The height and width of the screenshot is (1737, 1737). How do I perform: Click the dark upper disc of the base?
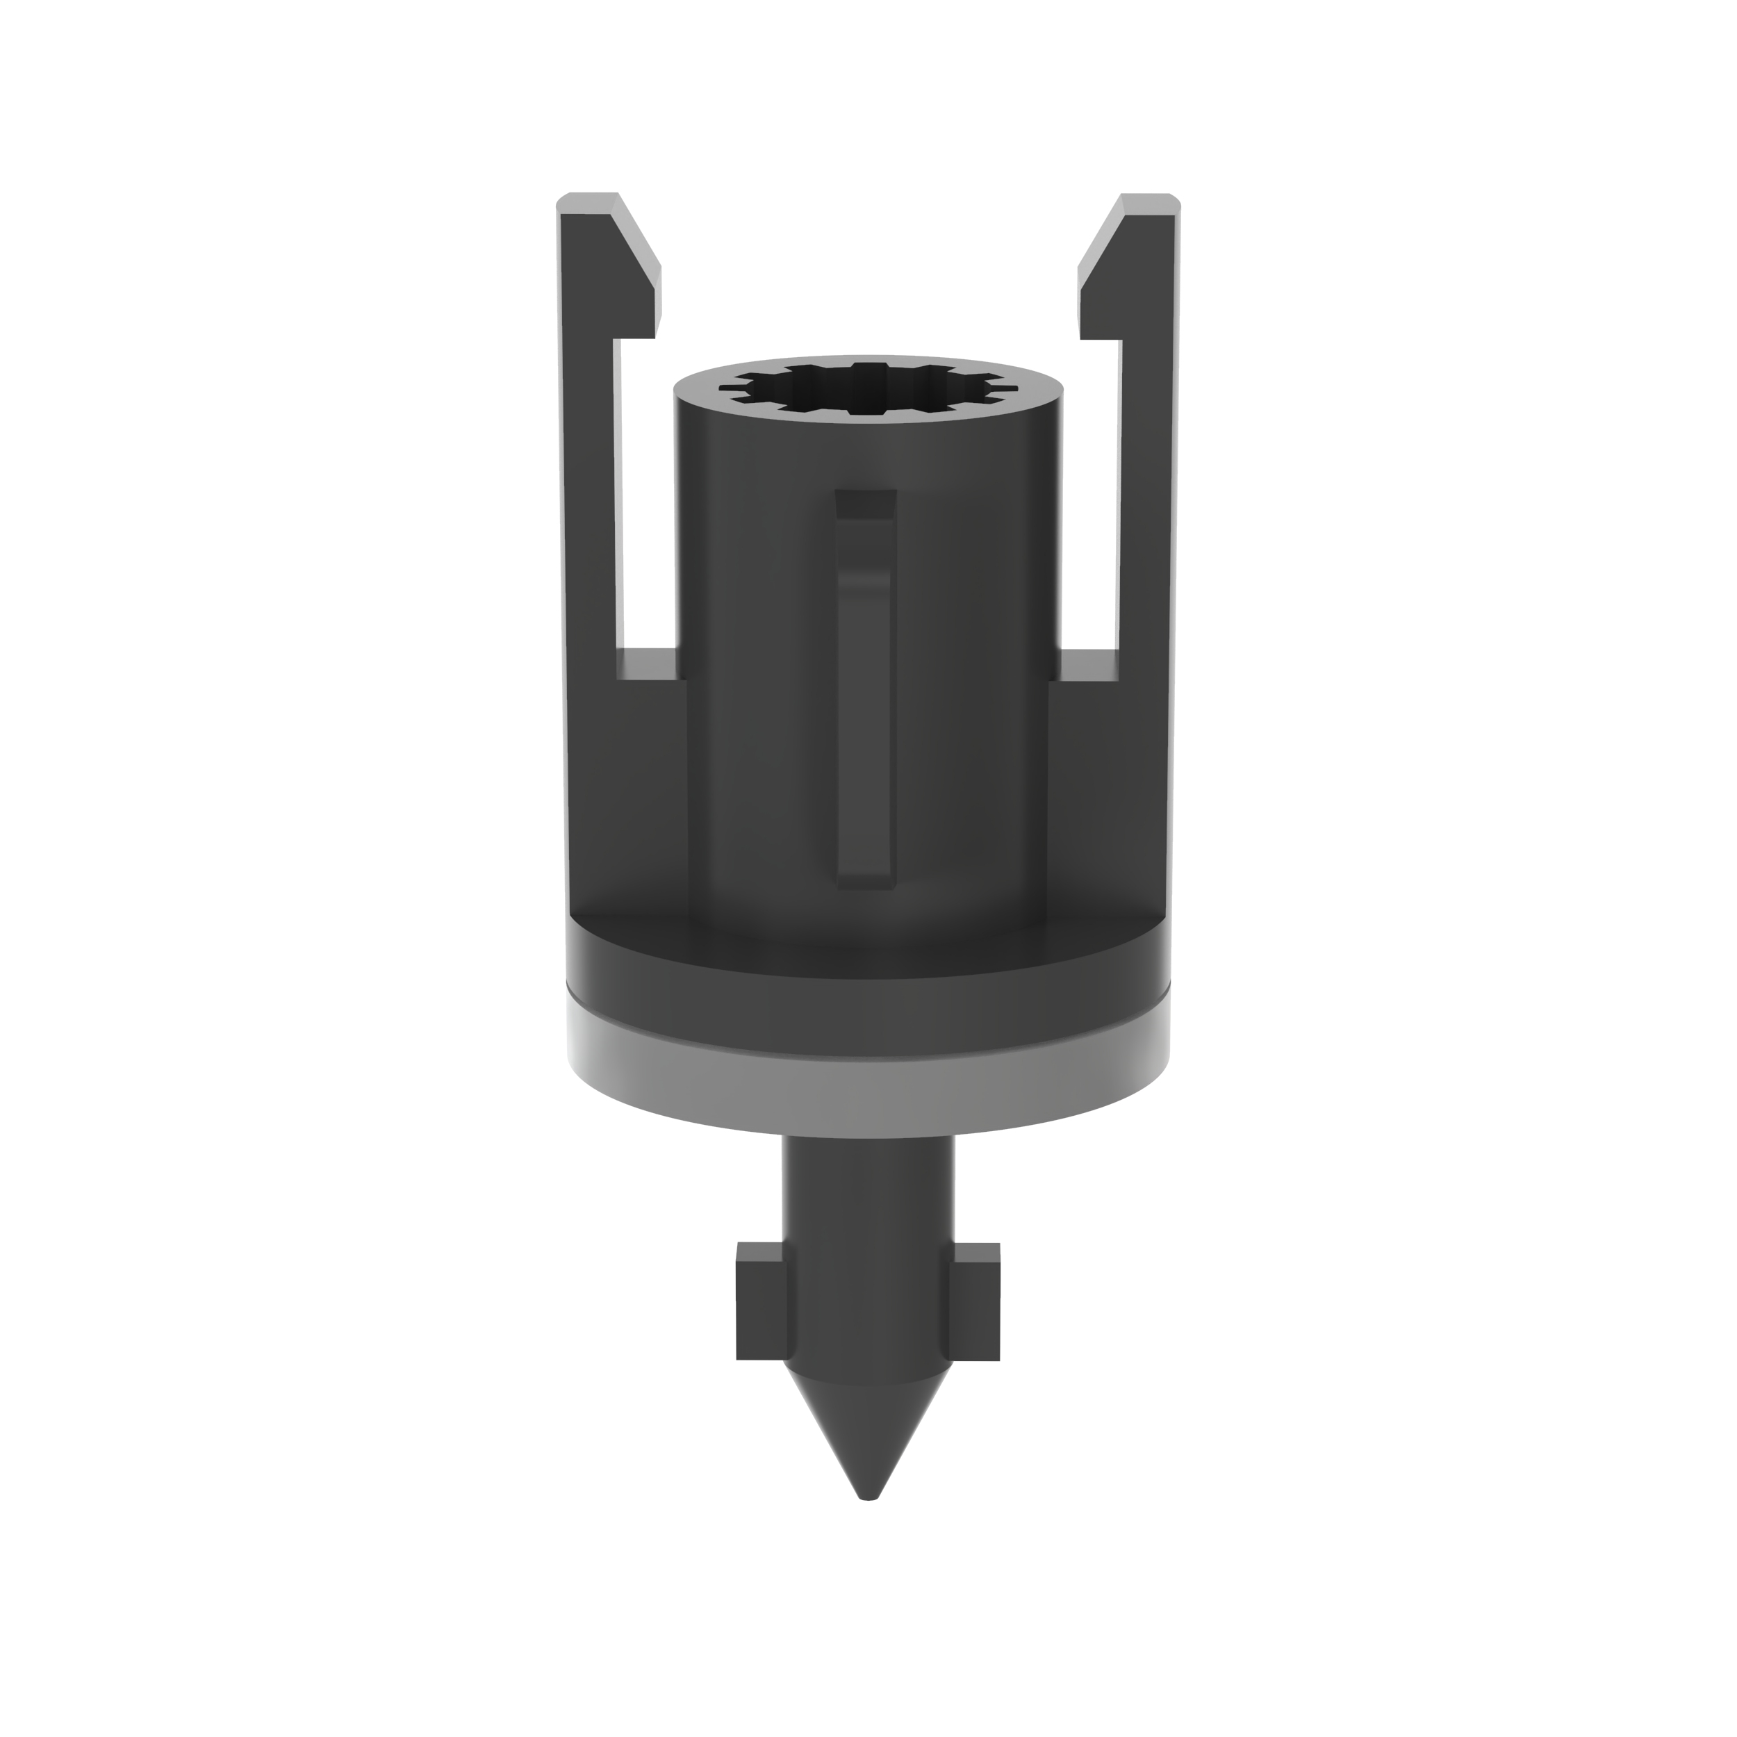click(x=868, y=989)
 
